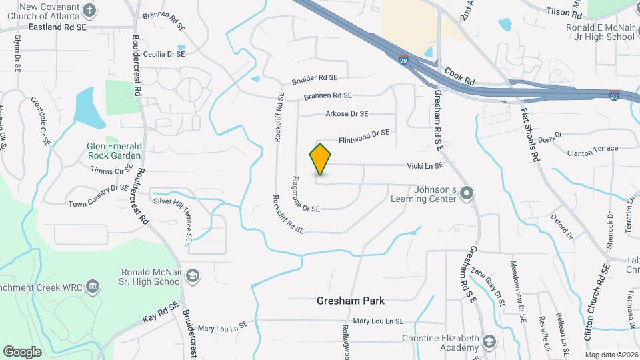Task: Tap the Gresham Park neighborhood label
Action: click(x=351, y=301)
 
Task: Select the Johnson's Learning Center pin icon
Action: click(x=467, y=194)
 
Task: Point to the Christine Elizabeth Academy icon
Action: click(x=490, y=343)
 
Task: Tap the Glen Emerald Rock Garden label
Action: click(x=113, y=151)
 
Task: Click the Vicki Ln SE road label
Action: click(x=426, y=165)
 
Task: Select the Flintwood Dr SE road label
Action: click(x=363, y=137)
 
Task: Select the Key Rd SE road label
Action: click(x=161, y=312)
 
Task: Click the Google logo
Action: click(x=22, y=351)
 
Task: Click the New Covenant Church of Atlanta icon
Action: click(x=91, y=11)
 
